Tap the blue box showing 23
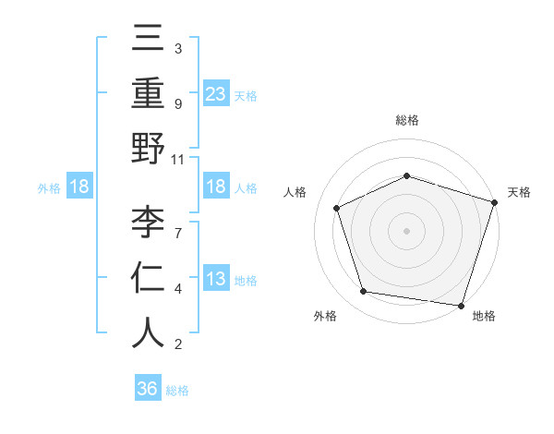pos(216,93)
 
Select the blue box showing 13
pos(216,279)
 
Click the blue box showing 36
pos(148,389)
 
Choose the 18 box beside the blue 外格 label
pos(79,187)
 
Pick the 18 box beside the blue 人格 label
pos(216,187)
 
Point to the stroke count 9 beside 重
pos(177,104)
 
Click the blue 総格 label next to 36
pos(177,390)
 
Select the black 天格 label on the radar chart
pos(519,192)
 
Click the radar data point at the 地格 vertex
pos(461,305)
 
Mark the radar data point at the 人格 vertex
pos(337,208)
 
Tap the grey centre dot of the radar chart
pos(406,230)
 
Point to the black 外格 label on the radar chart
pos(325,316)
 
